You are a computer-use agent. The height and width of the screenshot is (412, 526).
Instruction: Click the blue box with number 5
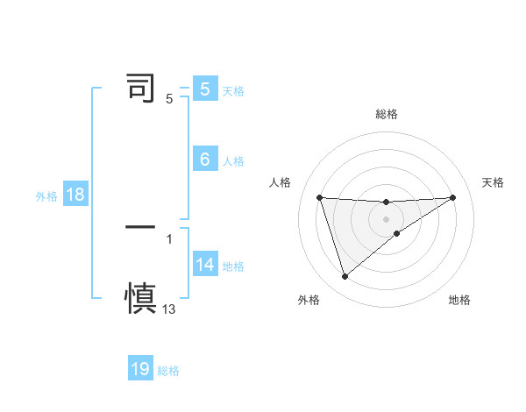(205, 89)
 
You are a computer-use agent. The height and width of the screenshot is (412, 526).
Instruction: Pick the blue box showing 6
(205, 160)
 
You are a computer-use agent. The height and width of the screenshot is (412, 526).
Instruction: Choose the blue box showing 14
(205, 265)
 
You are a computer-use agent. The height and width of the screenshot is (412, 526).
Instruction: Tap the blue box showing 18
(75, 195)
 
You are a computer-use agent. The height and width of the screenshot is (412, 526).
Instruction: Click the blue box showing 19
(140, 369)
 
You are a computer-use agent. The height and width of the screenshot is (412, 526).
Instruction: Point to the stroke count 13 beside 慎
(169, 309)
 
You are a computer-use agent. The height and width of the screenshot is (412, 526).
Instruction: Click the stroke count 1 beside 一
(169, 238)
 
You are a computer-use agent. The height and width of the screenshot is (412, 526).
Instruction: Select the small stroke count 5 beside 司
(169, 99)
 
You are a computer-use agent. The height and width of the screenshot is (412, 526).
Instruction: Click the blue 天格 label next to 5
(233, 90)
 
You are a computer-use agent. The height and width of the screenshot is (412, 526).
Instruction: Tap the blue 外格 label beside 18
(46, 196)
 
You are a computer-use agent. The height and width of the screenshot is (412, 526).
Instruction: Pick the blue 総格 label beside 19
(168, 371)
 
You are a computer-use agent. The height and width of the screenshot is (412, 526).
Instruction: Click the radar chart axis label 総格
(387, 114)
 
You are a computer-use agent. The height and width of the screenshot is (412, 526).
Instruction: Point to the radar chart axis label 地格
(459, 300)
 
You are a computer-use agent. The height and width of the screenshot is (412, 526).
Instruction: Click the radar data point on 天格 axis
(452, 197)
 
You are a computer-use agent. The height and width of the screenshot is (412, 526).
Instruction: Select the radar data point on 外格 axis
(345, 277)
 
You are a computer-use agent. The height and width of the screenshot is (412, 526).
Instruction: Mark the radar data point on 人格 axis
(320, 197)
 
